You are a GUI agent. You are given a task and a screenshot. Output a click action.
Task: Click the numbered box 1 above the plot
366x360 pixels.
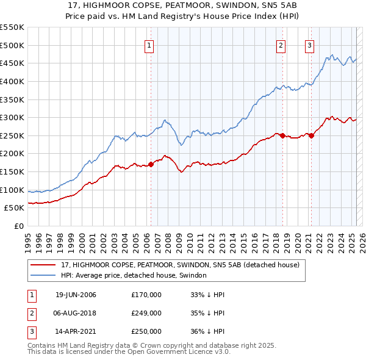pyautogui.click(x=149, y=44)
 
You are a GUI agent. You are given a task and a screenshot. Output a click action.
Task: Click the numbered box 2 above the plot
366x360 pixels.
pyautogui.click(x=281, y=44)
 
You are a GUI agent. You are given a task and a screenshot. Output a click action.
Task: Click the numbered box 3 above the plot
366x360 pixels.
pyautogui.click(x=310, y=44)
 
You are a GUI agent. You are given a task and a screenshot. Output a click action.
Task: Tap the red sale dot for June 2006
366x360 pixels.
pyautogui.click(x=151, y=164)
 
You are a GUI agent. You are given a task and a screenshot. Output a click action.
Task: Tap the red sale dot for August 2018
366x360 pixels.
pyautogui.click(x=283, y=135)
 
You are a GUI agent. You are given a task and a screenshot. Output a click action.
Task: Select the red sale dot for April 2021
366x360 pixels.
pyautogui.click(x=312, y=135)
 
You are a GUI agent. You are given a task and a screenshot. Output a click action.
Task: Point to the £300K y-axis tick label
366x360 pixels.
pyautogui.click(x=12, y=117)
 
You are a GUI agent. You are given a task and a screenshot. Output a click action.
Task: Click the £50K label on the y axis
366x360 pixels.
pyautogui.click(x=14, y=208)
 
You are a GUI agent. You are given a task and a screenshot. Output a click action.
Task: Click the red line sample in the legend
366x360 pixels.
pyautogui.click(x=43, y=265)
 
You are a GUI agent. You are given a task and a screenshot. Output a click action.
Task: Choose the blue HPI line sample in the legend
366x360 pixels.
pyautogui.click(x=43, y=276)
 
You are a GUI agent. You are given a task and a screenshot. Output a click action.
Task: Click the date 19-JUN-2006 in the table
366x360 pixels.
pyautogui.click(x=76, y=295)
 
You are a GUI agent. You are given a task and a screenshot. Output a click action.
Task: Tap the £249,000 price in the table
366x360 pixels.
pyautogui.click(x=146, y=313)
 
